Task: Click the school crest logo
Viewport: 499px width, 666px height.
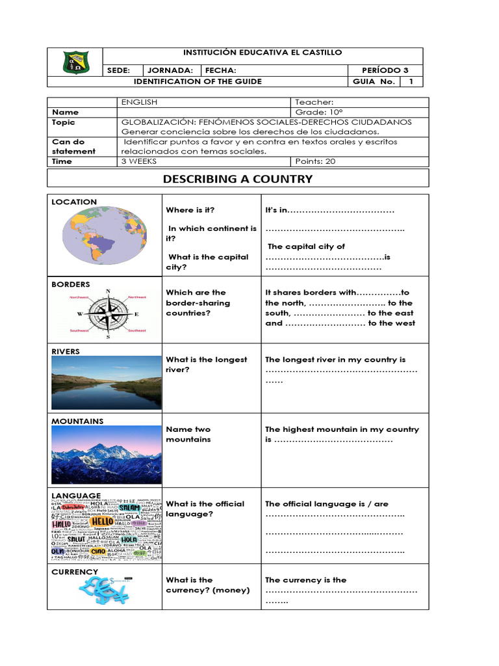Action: (77, 62)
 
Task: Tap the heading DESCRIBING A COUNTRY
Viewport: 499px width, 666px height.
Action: (238, 179)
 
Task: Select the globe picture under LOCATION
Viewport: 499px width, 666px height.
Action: (105, 235)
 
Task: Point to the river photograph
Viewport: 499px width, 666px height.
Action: (106, 382)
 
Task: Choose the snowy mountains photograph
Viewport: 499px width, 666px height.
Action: (106, 453)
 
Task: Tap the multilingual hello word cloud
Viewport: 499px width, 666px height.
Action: (106, 529)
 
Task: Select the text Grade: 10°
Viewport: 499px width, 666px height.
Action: (314, 112)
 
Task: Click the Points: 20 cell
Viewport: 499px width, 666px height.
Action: (316, 161)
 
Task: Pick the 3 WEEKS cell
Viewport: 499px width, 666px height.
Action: (139, 161)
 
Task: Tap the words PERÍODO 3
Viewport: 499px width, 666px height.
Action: (387, 70)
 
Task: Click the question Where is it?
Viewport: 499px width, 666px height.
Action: (190, 210)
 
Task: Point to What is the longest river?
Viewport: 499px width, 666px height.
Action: (207, 364)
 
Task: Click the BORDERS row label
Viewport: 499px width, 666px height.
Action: (71, 284)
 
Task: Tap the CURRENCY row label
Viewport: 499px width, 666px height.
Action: (75, 572)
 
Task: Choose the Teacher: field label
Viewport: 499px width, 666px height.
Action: (314, 102)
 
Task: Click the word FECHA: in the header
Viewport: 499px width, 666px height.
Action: (221, 70)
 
